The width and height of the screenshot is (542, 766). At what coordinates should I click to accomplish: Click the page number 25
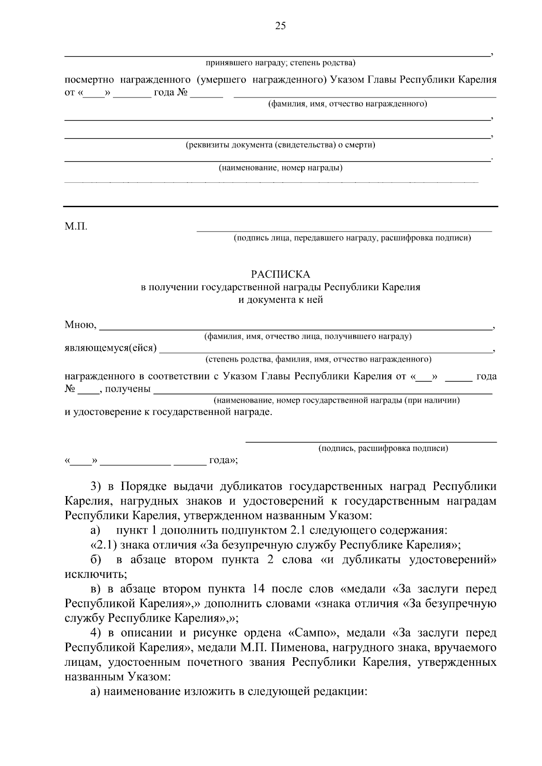coord(280,26)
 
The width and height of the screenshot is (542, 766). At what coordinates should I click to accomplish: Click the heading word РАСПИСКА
coord(280,274)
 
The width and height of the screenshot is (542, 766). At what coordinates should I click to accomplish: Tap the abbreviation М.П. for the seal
coord(76,226)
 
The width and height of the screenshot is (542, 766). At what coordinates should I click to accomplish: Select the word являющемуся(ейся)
coord(111,348)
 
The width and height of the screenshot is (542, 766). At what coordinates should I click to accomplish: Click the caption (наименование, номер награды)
coord(280,168)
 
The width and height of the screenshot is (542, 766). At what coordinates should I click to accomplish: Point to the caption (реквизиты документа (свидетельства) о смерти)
coord(280,145)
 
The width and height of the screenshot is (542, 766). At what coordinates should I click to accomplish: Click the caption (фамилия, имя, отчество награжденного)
coord(347,104)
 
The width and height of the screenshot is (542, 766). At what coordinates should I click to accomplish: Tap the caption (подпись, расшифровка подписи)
coord(383,448)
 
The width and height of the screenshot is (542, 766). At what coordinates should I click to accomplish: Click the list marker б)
coord(96,560)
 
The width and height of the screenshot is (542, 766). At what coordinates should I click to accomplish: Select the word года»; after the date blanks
coord(223,461)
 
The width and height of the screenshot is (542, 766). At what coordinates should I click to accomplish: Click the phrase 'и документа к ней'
coord(280,300)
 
